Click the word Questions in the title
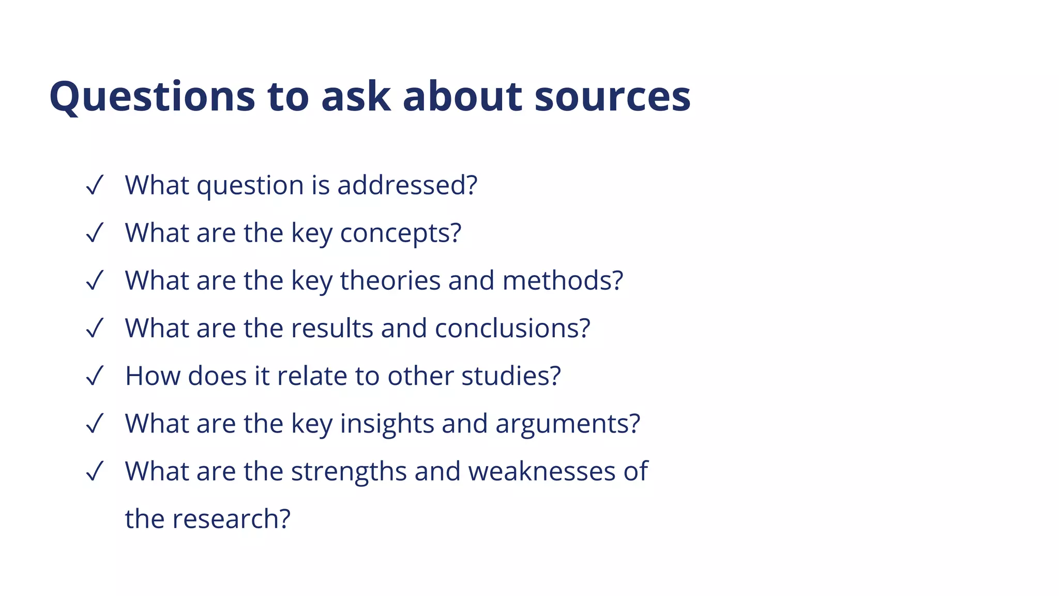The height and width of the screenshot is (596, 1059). point(152,97)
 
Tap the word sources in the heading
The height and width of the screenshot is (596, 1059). point(612,97)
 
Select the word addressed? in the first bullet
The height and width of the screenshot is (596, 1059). point(407,185)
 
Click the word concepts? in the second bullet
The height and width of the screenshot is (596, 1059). point(400,233)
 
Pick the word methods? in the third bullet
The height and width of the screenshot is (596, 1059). point(563,280)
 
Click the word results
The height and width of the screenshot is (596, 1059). point(332,328)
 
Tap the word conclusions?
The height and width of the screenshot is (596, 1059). point(512,328)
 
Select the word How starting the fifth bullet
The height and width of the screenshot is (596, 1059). point(153,376)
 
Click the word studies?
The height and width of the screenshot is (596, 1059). point(511,376)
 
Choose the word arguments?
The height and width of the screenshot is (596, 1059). point(568,424)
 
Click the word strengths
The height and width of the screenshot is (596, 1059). point(349,471)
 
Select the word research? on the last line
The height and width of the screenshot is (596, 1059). point(231,519)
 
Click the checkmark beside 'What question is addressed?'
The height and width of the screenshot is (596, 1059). point(95,185)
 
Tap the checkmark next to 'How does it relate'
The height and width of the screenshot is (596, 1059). point(95,376)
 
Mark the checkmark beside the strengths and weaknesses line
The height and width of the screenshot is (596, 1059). point(95,471)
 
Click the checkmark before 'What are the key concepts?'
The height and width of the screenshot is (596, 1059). point(95,233)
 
